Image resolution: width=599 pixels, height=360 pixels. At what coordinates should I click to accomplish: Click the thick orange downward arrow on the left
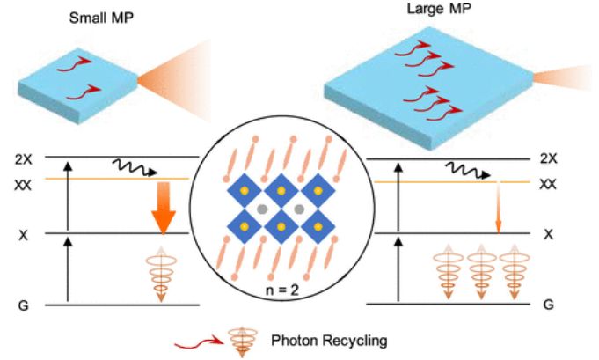(x=163, y=207)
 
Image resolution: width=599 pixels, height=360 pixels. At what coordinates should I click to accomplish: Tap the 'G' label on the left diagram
(x=24, y=306)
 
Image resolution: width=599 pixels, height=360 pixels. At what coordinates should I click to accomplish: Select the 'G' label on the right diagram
(x=548, y=305)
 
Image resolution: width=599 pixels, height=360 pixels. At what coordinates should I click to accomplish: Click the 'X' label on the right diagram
(x=547, y=234)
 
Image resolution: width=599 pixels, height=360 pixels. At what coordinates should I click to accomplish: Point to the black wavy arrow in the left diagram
(x=131, y=167)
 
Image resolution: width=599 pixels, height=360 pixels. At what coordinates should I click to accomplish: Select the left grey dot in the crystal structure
(x=263, y=210)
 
